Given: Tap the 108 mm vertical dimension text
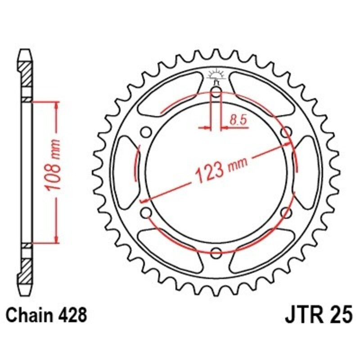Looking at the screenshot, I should [x=52, y=171].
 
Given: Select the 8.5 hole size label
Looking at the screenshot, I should [x=237, y=120].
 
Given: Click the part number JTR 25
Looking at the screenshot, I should [x=317, y=315].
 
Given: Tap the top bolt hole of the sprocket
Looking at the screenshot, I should [x=216, y=94].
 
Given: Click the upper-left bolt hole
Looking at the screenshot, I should [x=145, y=132].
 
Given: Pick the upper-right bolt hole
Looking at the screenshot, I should [x=285, y=132].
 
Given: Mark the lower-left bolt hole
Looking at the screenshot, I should [x=145, y=212].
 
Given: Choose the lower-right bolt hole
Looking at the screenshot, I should [x=285, y=212].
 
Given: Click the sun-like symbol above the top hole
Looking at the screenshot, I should [x=216, y=74].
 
